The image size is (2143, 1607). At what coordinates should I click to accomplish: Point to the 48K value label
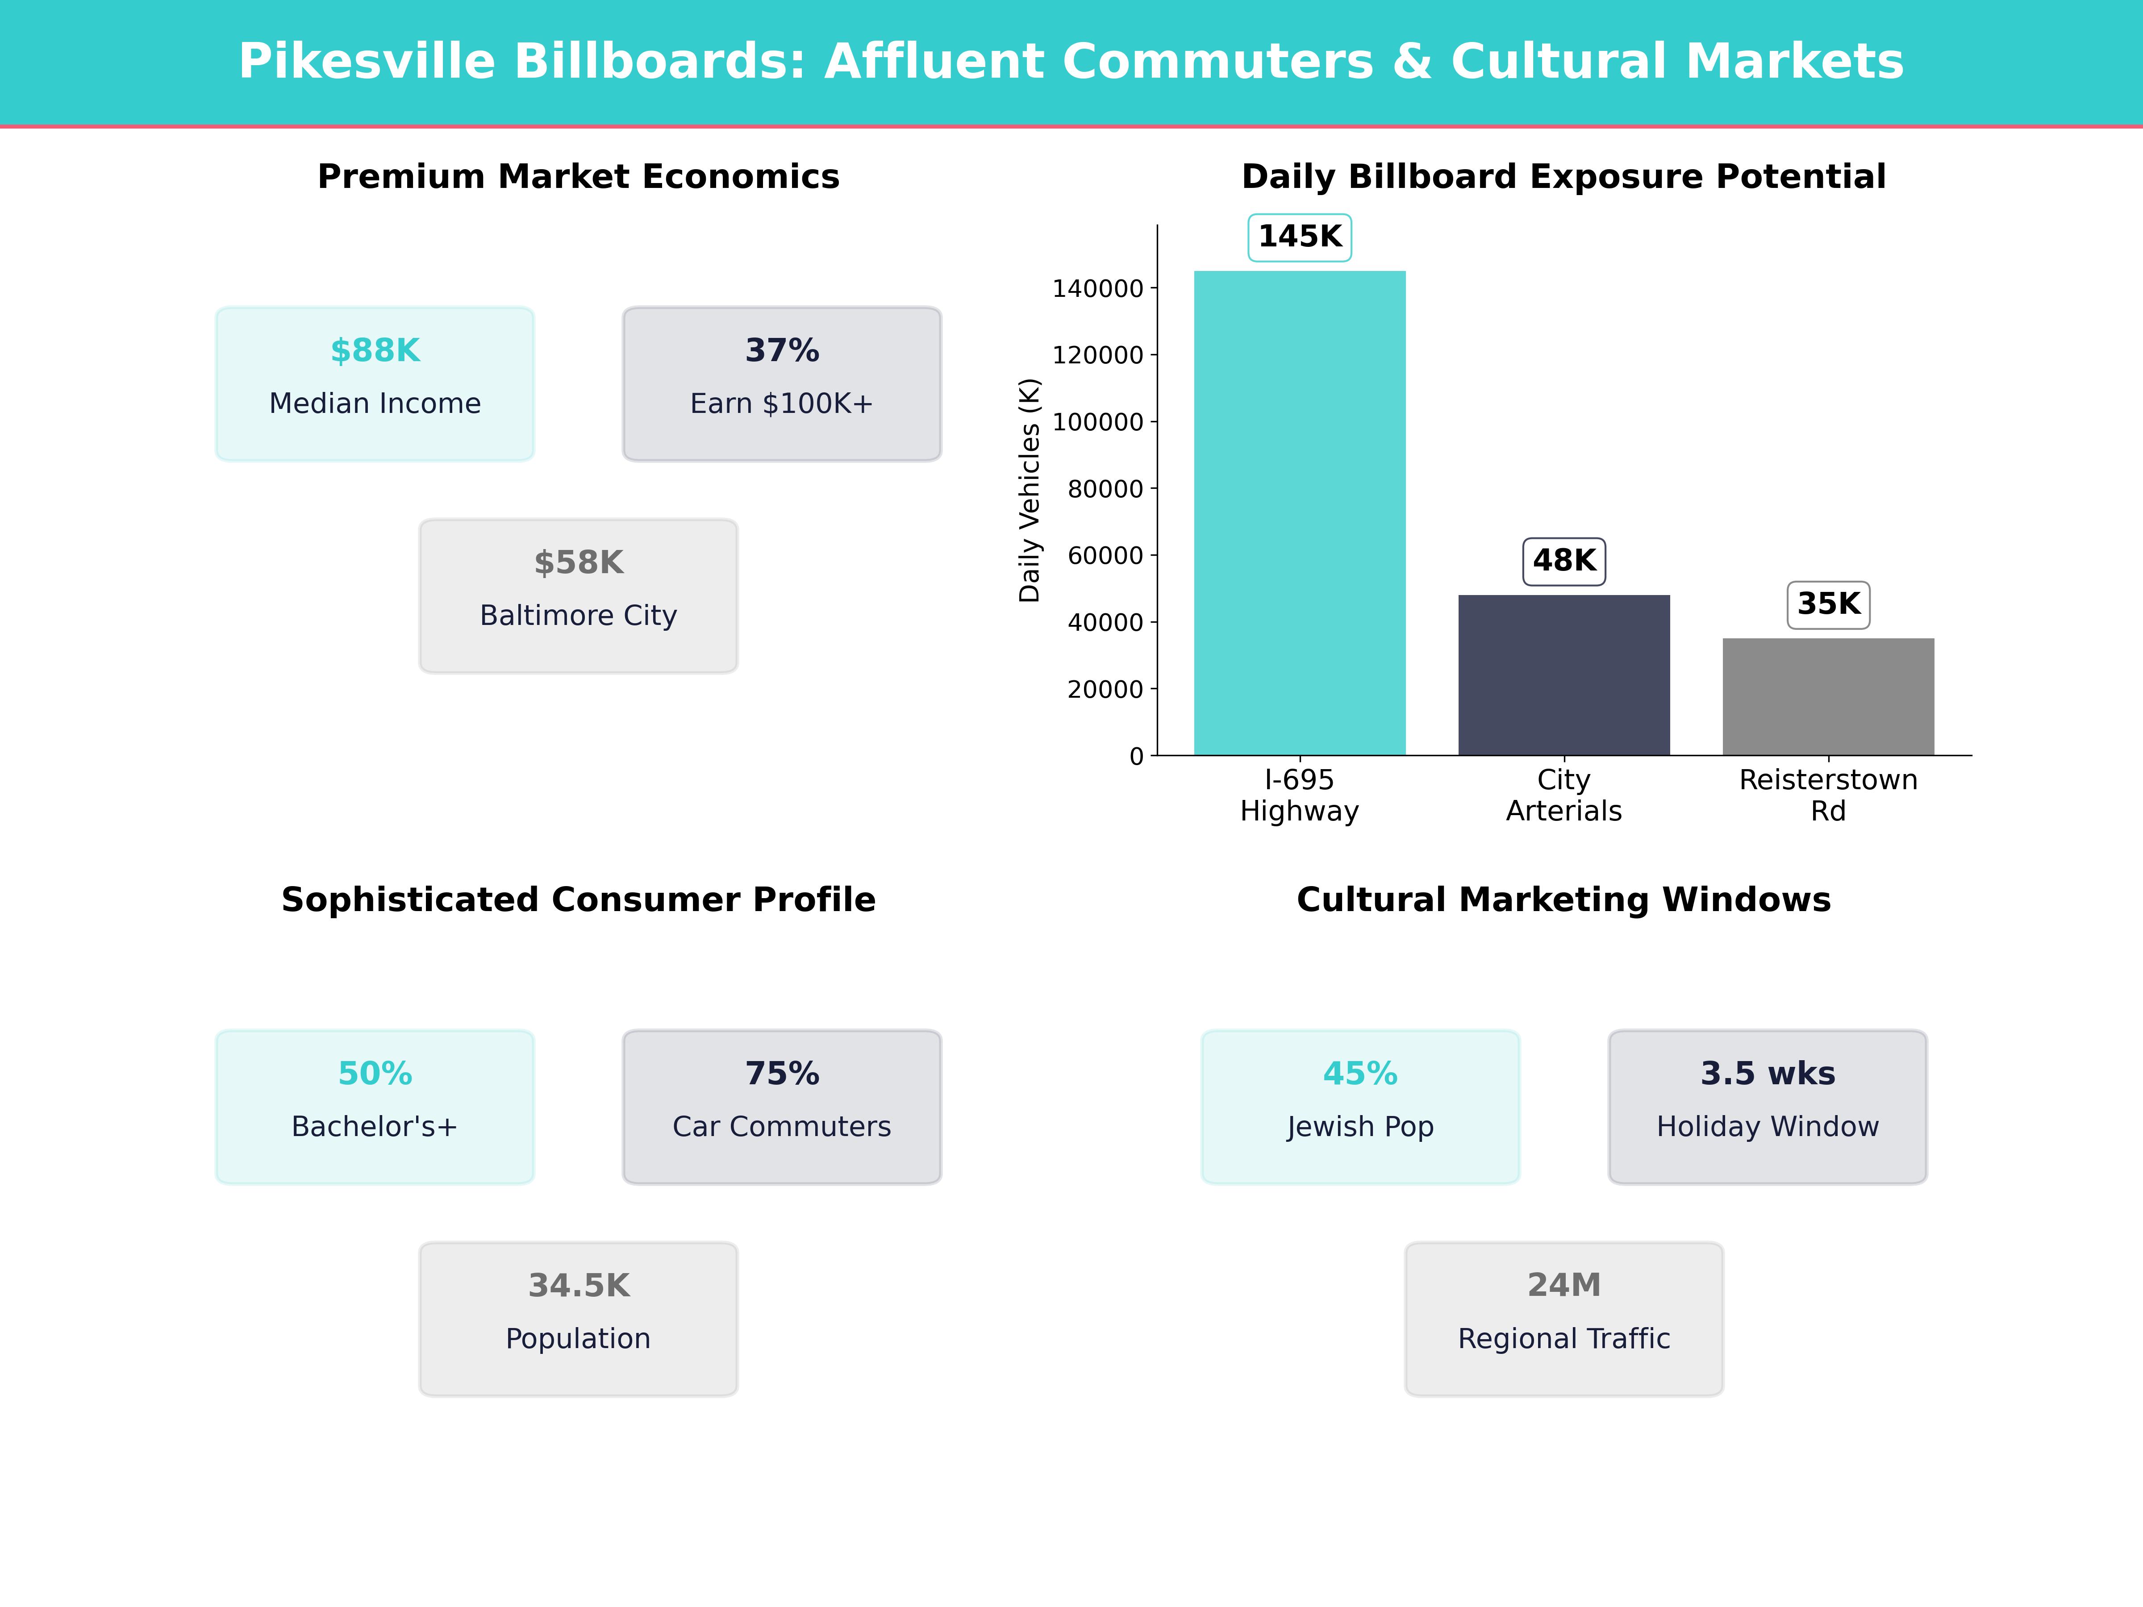pyautogui.click(x=1563, y=561)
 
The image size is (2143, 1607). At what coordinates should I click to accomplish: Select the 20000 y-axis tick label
pyautogui.click(x=1105, y=690)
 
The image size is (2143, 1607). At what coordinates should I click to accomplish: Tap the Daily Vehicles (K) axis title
pyautogui.click(x=1029, y=490)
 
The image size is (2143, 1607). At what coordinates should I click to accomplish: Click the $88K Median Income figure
pyautogui.click(x=375, y=351)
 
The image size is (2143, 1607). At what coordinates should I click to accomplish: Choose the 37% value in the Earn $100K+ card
pyautogui.click(x=782, y=351)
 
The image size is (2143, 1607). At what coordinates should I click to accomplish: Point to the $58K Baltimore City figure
pyautogui.click(x=578, y=563)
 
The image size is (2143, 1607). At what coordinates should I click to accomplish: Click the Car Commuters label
pyautogui.click(x=782, y=1127)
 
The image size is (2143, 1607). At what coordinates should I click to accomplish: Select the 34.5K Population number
pyautogui.click(x=578, y=1286)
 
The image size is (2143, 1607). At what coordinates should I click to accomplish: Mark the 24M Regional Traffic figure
pyautogui.click(x=1563, y=1286)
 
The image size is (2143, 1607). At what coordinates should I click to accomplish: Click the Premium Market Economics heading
pyautogui.click(x=578, y=177)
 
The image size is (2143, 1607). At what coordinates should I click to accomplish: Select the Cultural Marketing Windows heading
pyautogui.click(x=1563, y=900)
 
